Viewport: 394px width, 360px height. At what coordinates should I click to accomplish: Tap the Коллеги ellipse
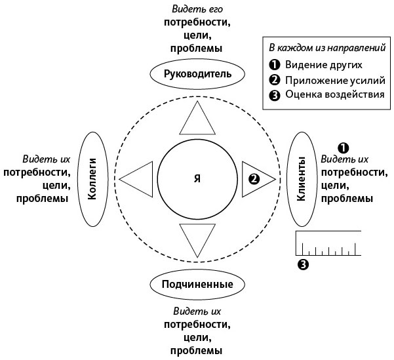(93, 178)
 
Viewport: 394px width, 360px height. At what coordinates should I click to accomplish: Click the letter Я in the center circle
(196, 178)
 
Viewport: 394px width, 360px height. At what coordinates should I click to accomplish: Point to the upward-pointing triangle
(197, 119)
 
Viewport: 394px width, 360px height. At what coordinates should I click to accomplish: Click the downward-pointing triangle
(197, 237)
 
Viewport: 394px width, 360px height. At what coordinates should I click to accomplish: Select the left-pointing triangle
(137, 178)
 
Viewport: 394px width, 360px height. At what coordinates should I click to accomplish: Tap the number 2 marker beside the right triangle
(253, 178)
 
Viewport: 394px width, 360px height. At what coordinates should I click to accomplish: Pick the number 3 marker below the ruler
(302, 264)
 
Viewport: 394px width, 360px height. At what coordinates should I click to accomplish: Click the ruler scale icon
(328, 243)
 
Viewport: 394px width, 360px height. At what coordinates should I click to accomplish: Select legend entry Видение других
(323, 65)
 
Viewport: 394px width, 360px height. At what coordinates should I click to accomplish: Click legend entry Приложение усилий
(330, 80)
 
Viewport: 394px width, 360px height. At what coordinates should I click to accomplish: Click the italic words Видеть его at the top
(196, 9)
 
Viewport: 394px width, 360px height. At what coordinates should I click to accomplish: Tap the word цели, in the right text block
(334, 185)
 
